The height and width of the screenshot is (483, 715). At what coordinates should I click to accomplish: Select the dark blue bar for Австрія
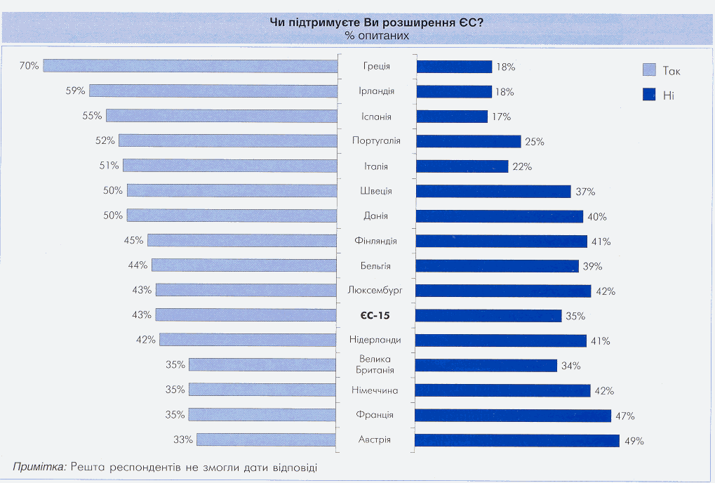coord(517,441)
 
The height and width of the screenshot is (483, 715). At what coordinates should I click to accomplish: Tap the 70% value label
coord(29,66)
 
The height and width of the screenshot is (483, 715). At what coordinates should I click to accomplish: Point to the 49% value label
coord(635,441)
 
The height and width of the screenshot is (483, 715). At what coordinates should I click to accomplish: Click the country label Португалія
coord(377,141)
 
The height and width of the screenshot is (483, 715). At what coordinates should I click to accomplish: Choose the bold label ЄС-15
coord(377,315)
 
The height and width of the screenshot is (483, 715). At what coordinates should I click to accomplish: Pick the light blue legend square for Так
coord(649,70)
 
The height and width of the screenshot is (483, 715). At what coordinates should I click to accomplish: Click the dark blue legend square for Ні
coord(649,94)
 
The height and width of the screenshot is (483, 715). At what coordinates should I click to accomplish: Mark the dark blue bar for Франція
coord(513,416)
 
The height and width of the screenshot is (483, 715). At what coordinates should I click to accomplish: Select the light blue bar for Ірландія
coord(214,91)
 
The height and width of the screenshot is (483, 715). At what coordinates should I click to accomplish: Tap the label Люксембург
coord(377,290)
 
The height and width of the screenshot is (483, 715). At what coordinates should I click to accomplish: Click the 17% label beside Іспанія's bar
coord(501,117)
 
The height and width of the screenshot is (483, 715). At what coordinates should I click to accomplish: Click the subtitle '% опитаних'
coord(376,34)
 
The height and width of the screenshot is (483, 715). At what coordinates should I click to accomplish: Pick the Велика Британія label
coord(377,365)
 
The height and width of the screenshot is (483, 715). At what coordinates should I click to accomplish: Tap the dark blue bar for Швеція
coord(493,191)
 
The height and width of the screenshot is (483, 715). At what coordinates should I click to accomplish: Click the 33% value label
coord(184,440)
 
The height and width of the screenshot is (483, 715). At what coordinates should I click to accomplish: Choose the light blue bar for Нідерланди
coord(249,340)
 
